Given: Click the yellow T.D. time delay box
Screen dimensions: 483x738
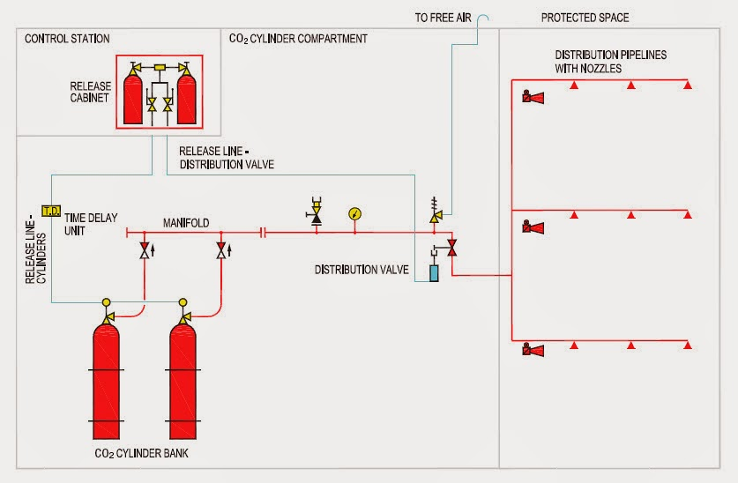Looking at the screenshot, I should (50, 211).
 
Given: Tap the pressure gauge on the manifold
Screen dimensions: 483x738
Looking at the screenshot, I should (354, 213).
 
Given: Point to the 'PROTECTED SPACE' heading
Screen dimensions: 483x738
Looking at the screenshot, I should (585, 18).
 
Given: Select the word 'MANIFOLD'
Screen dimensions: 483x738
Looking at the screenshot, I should (186, 224).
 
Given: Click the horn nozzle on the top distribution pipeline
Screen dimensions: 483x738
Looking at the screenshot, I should (532, 96).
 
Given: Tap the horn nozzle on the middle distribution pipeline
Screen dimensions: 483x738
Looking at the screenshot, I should (532, 227).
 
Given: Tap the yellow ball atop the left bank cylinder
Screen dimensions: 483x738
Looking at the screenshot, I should (107, 301).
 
